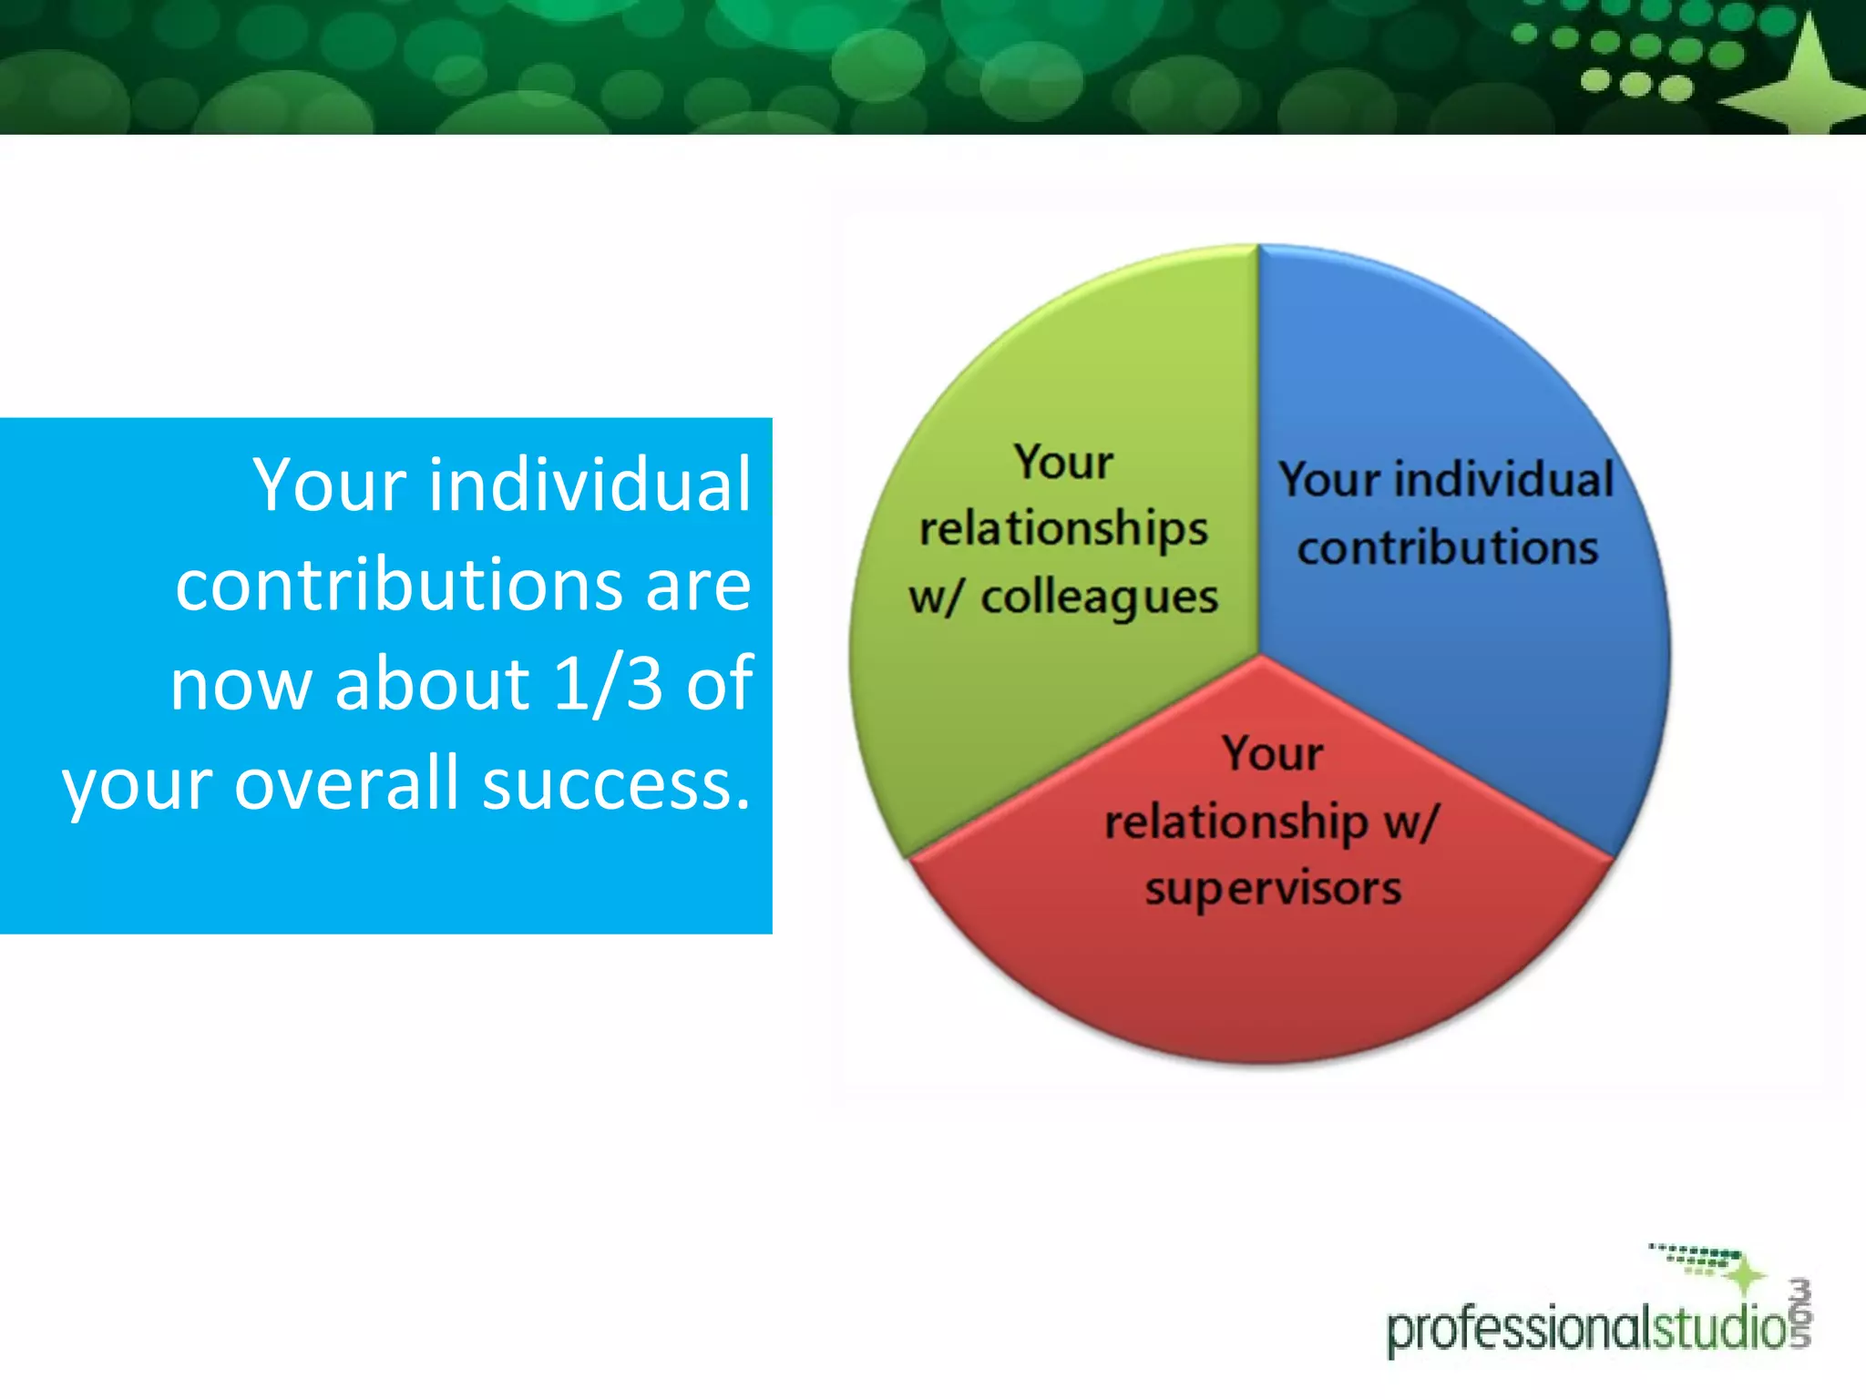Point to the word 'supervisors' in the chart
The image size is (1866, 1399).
(1273, 889)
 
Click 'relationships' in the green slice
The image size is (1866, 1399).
(1063, 530)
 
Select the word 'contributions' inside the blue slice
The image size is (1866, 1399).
(1448, 548)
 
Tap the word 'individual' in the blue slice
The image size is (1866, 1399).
(1503, 480)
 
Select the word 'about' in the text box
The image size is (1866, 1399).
(432, 683)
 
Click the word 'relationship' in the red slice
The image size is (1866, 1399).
(1235, 822)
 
